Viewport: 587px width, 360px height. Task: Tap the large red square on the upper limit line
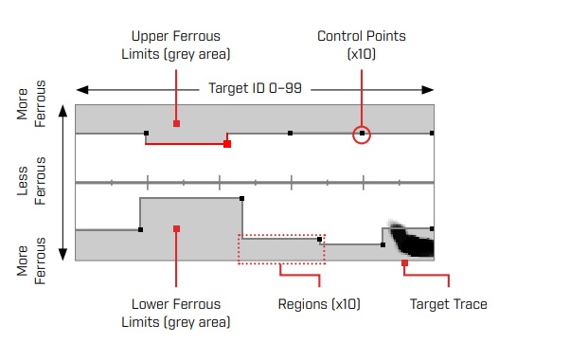pyautogui.click(x=227, y=144)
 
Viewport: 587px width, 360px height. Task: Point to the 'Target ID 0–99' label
pyautogui.click(x=255, y=88)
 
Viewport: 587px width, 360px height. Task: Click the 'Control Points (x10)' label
pyautogui.click(x=362, y=45)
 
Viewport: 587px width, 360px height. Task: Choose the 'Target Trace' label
pyautogui.click(x=448, y=304)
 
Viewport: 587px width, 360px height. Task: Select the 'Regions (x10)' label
pyautogui.click(x=319, y=304)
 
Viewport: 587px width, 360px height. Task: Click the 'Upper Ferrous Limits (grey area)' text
pyautogui.click(x=176, y=45)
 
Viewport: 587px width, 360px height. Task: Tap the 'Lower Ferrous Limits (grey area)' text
pyautogui.click(x=176, y=313)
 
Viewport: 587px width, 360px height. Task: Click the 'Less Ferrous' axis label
pyautogui.click(x=31, y=181)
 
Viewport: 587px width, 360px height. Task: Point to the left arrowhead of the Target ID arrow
pyautogui.click(x=82, y=90)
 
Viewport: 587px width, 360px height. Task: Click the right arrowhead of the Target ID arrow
pyautogui.click(x=428, y=90)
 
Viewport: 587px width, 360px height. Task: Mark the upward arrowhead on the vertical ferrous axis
pyautogui.click(x=62, y=111)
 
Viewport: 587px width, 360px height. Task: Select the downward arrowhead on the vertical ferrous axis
pyautogui.click(x=62, y=254)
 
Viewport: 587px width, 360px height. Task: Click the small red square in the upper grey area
pyautogui.click(x=176, y=123)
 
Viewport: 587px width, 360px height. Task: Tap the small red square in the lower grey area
pyautogui.click(x=176, y=229)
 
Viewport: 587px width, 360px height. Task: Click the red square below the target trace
pyautogui.click(x=404, y=263)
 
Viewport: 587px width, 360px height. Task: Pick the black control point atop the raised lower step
pyautogui.click(x=241, y=199)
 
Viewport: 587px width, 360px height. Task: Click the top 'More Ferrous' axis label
pyautogui.click(x=31, y=104)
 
